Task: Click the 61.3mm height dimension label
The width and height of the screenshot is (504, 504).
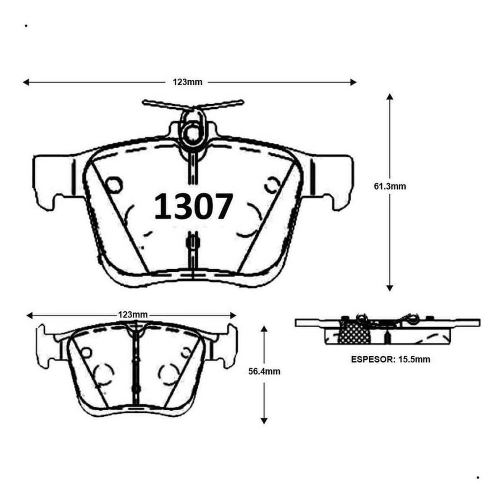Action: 390,186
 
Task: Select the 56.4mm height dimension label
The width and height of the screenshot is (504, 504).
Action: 264,371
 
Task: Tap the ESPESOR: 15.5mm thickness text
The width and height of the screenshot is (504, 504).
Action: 391,360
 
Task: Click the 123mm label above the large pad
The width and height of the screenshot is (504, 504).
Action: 187,82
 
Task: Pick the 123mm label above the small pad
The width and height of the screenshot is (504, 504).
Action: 133,315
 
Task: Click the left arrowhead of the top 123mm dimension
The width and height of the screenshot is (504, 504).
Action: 26,82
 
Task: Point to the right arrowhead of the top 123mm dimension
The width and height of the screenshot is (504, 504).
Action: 353,82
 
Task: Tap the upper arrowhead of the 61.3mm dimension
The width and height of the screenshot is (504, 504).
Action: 390,97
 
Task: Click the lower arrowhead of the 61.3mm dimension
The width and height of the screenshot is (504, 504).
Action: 390,288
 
